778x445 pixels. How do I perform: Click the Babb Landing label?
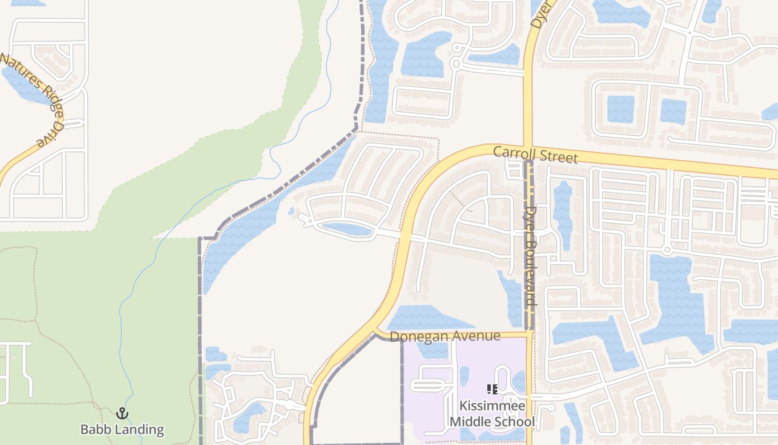coord(122,429)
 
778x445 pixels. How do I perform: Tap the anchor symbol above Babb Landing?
coord(122,413)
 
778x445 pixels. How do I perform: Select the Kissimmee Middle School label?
coord(492,414)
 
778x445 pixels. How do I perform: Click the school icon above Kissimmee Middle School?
coord(492,389)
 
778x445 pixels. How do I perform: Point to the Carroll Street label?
coord(536,155)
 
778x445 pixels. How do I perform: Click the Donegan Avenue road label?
coord(445,337)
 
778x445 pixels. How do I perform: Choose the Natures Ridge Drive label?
coord(34,99)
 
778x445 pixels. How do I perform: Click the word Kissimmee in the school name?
coord(492,407)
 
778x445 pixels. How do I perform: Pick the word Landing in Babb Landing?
coord(138,429)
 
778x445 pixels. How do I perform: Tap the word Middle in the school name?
coord(472,422)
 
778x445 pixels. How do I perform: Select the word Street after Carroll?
coord(558,157)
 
